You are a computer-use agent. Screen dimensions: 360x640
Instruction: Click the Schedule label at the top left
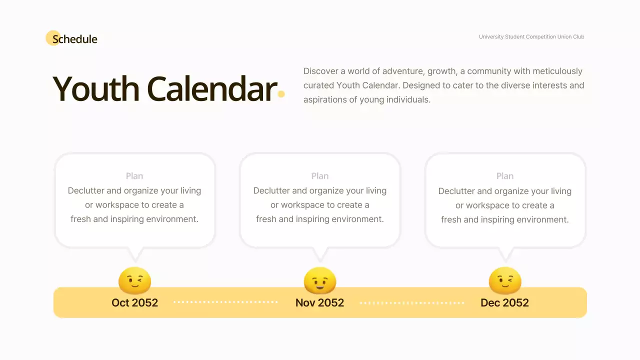[75, 39]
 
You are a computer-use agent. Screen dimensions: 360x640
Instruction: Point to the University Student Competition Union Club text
[531, 36]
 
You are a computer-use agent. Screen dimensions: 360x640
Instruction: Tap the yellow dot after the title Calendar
[281, 94]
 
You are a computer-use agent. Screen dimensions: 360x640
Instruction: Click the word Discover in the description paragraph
[320, 71]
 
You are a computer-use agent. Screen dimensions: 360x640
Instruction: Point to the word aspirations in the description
[324, 99]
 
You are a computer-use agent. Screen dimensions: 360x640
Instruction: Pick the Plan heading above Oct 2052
[134, 176]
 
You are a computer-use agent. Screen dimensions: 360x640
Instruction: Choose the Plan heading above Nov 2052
[320, 176]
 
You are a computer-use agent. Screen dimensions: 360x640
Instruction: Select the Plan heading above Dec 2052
[505, 176]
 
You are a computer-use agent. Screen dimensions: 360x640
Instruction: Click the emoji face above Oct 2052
[134, 280]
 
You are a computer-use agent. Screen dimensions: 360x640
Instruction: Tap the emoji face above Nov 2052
[320, 280]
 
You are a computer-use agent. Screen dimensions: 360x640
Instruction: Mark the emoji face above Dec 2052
[505, 280]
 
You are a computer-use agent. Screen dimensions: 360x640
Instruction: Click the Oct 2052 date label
[134, 302]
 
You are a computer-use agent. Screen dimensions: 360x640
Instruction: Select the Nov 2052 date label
[320, 302]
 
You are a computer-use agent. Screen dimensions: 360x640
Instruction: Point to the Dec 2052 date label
[505, 302]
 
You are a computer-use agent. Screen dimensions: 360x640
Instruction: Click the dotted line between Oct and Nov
[225, 302]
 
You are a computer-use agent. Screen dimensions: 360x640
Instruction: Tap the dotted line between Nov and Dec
[412, 302]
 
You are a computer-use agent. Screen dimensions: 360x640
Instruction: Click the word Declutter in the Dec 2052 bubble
[456, 191]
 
